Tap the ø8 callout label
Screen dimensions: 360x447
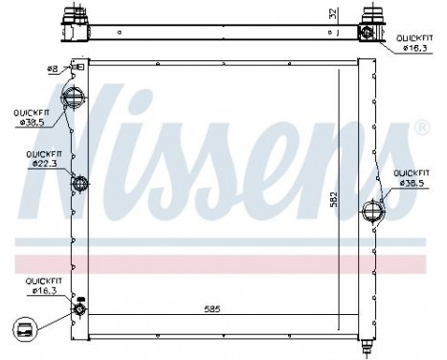click(53, 69)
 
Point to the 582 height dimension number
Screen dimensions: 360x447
click(333, 201)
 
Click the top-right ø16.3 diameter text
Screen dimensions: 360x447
click(413, 45)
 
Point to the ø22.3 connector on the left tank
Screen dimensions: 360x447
click(78, 184)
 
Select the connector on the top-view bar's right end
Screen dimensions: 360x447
click(367, 30)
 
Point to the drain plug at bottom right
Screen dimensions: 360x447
click(369, 342)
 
